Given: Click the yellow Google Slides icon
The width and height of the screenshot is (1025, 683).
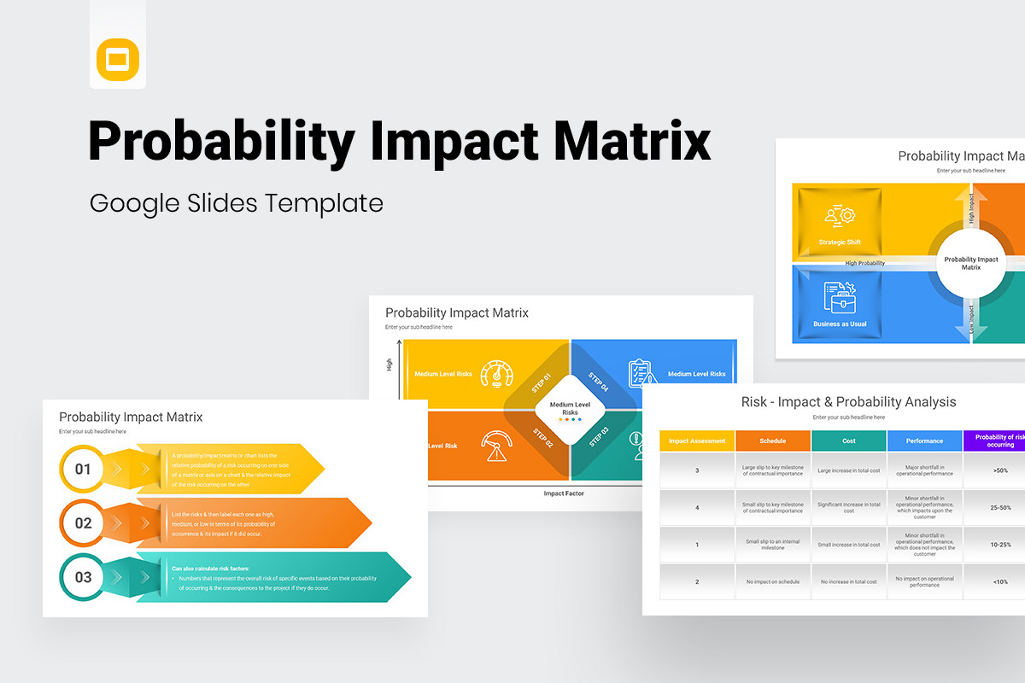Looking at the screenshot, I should click(x=118, y=60).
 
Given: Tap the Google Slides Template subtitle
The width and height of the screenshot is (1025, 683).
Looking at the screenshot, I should click(x=237, y=203).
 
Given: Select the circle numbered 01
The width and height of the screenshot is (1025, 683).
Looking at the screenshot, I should click(x=83, y=469).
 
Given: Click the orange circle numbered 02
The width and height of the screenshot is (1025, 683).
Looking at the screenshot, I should click(x=83, y=523).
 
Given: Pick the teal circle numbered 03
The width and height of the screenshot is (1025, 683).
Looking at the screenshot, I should click(x=83, y=577).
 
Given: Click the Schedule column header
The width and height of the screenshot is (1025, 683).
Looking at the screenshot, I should click(x=772, y=441).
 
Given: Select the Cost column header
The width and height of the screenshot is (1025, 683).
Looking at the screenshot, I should click(x=848, y=441).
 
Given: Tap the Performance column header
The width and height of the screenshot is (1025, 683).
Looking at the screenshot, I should click(x=924, y=441).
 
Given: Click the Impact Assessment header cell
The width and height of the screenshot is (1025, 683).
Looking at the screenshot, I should click(x=697, y=441).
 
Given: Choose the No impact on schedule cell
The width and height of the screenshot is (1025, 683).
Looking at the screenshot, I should click(x=772, y=581).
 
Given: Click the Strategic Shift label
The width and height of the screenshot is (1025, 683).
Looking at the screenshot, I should click(x=840, y=242).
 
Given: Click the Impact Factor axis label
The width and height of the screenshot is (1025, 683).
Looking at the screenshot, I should click(x=564, y=493).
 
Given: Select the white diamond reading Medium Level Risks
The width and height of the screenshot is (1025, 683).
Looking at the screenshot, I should click(x=570, y=408).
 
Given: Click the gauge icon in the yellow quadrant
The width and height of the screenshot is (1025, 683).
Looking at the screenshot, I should click(x=497, y=373).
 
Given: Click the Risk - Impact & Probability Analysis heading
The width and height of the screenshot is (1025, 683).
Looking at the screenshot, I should click(x=848, y=402).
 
